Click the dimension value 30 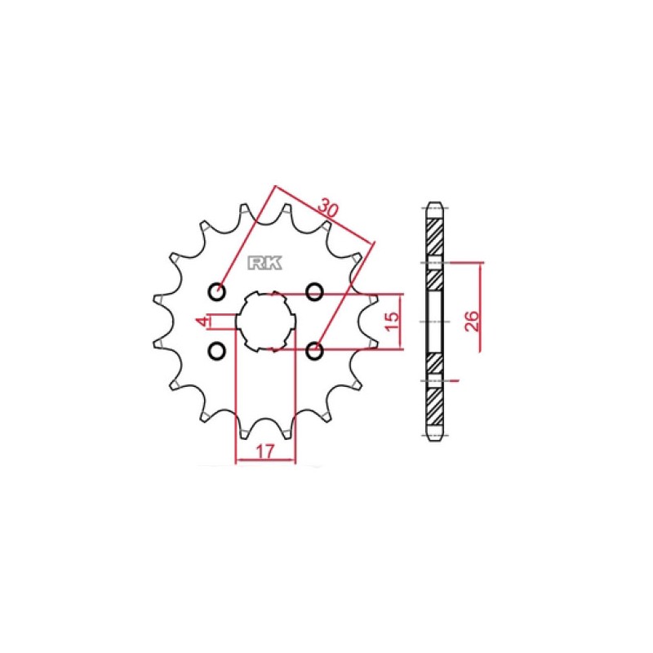tap(328, 209)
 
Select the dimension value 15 tap(392, 321)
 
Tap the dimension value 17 tap(264, 451)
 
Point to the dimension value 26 tap(473, 321)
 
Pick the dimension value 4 tap(203, 321)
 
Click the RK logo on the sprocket tap(264, 263)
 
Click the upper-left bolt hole tap(216, 291)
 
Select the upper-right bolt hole tap(314, 291)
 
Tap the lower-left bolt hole tap(216, 351)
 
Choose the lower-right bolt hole tap(314, 351)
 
